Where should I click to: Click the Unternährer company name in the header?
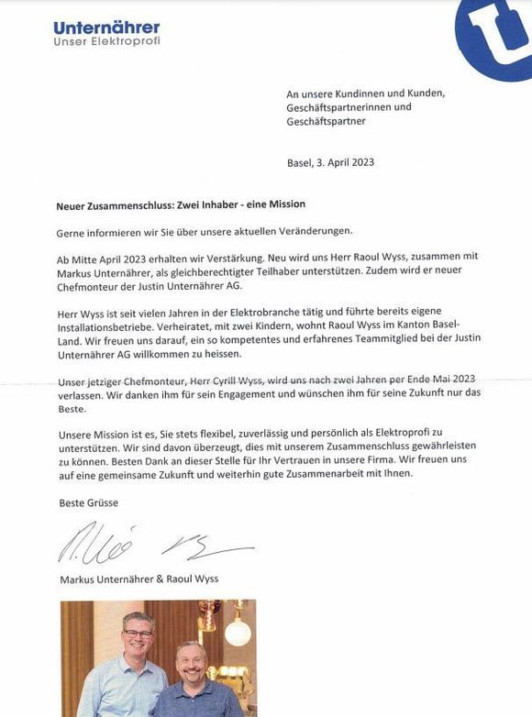tap(106, 28)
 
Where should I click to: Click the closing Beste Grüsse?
tap(89, 502)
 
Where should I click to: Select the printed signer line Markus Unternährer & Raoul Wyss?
tap(139, 579)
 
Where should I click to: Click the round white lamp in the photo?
tap(237, 634)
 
